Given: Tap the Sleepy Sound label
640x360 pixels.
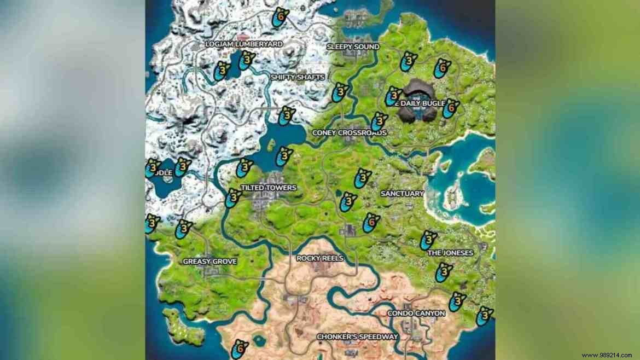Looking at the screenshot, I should pyautogui.click(x=353, y=47).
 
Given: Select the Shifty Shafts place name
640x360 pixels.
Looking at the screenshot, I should pyautogui.click(x=297, y=78).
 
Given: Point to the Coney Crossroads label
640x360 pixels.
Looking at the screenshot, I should pyautogui.click(x=349, y=133).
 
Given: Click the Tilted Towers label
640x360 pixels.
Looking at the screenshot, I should pyautogui.click(x=268, y=188).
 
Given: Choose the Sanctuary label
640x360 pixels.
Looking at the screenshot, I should pyautogui.click(x=402, y=194).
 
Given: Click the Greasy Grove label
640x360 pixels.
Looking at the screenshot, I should pyautogui.click(x=210, y=262).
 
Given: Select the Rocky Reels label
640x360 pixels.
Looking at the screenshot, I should pyautogui.click(x=319, y=258).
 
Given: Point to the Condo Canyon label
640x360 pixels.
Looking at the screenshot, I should pyautogui.click(x=416, y=313).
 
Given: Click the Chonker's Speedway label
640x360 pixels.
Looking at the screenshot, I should pyautogui.click(x=357, y=337).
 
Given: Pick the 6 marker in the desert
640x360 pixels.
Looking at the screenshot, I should pyautogui.click(x=238, y=349).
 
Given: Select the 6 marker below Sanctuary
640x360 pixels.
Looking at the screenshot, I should pyautogui.click(x=371, y=223).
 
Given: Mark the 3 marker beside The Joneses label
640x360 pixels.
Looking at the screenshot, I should pyautogui.click(x=429, y=240).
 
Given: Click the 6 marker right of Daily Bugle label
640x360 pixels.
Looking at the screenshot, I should pyautogui.click(x=450, y=108).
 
